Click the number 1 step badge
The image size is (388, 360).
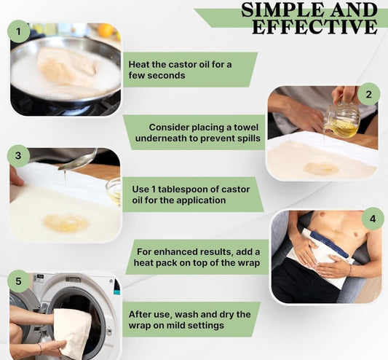tap(19, 31)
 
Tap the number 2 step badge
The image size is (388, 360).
tap(368, 94)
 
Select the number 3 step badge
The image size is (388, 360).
tap(18, 156)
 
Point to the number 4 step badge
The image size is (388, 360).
tap(373, 219)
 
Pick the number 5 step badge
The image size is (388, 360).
tap(18, 281)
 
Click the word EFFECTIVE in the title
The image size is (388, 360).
tap(314, 26)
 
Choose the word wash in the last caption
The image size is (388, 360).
tap(187, 315)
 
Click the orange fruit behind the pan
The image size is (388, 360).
tap(106, 30)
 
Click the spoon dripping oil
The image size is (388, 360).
tap(77, 160)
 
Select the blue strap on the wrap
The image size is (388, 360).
tap(329, 244)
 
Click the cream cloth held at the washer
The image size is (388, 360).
tap(72, 332)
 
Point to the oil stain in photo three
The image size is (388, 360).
tap(66, 223)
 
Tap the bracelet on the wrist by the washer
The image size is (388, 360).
tap(40, 349)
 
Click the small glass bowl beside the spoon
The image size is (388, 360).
tap(114, 191)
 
